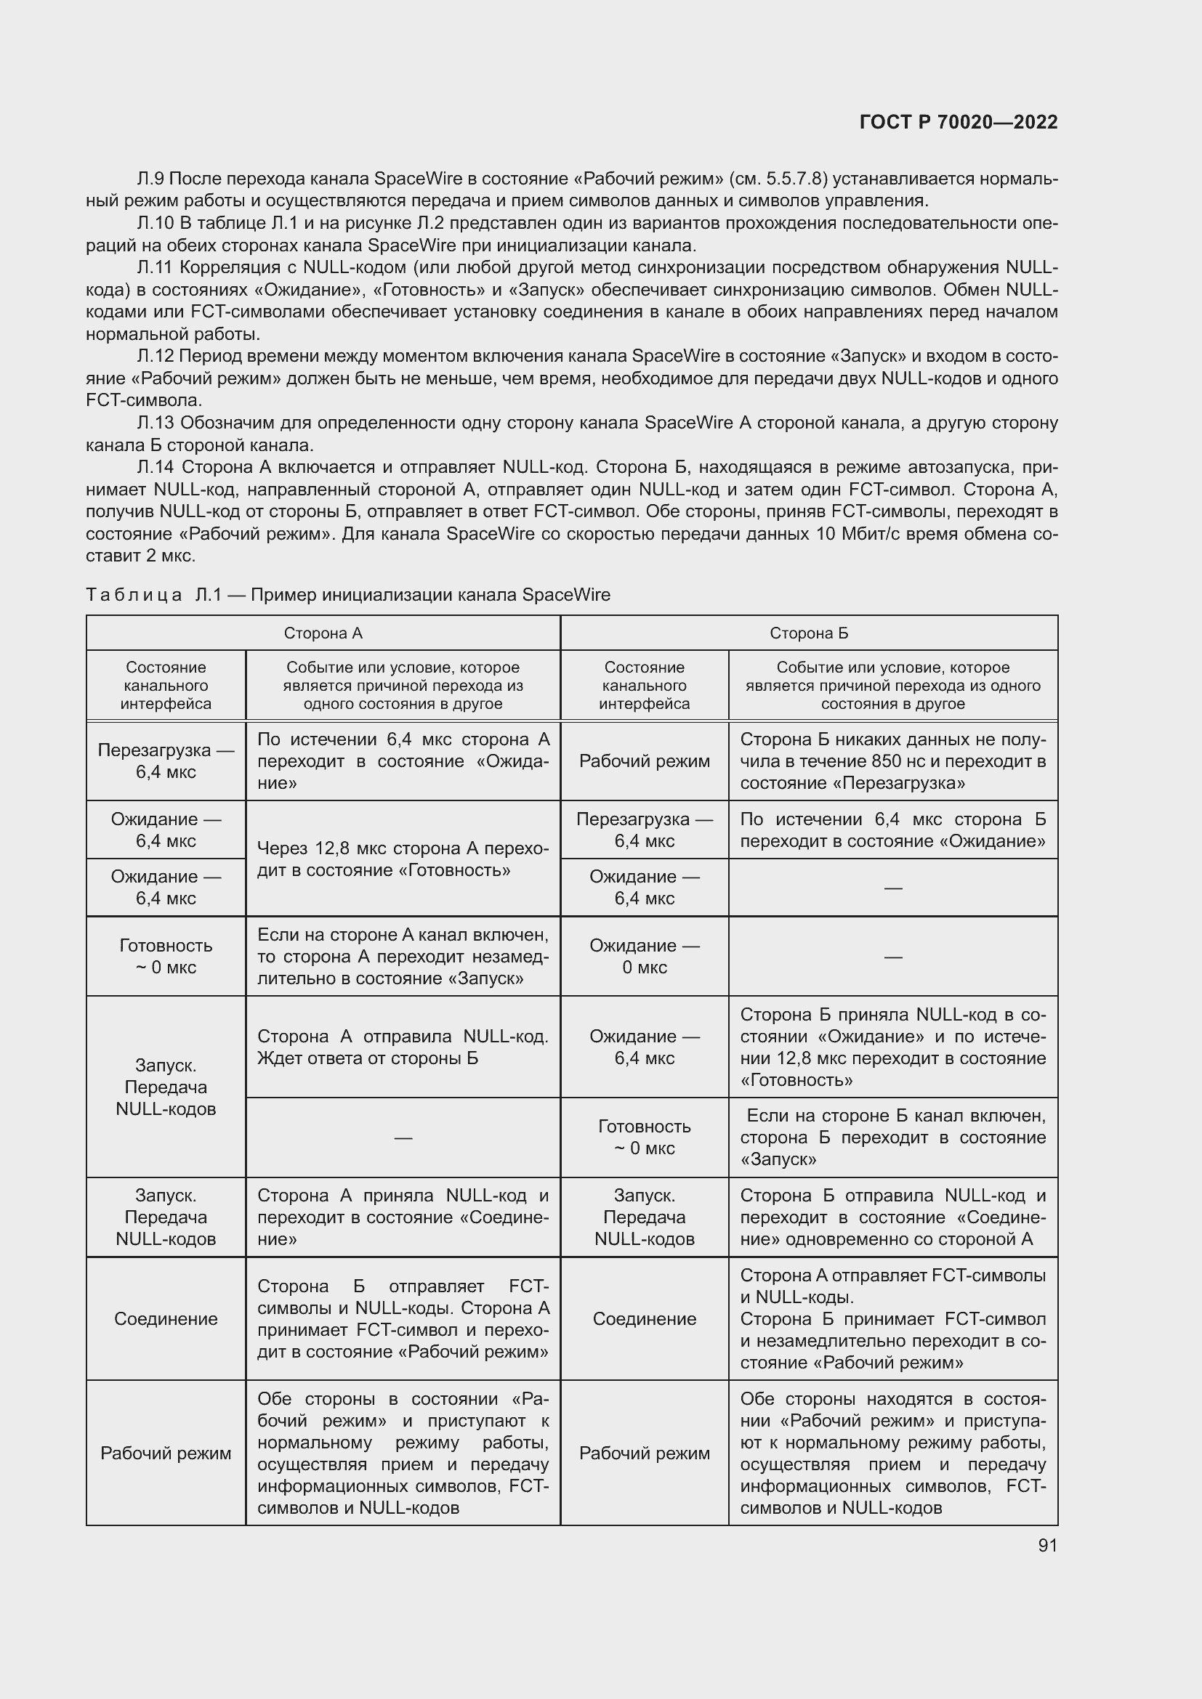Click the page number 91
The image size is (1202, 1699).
click(x=1047, y=1545)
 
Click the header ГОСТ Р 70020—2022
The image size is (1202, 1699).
click(x=959, y=122)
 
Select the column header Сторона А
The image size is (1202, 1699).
click(x=323, y=633)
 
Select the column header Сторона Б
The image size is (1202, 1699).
click(x=808, y=633)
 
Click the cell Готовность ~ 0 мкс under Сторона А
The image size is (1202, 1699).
click(x=166, y=956)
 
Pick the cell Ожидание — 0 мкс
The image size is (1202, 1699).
click(x=644, y=956)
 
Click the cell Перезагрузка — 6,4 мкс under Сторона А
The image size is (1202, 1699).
click(x=166, y=761)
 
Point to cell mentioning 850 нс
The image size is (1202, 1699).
click(x=892, y=761)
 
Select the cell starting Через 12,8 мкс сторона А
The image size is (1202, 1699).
click(x=403, y=859)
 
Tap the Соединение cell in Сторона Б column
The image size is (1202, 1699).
click(x=644, y=1318)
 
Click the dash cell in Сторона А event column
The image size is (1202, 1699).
click(x=403, y=1138)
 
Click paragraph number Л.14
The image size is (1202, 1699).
click(x=156, y=467)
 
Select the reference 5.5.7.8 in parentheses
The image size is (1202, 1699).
click(x=797, y=179)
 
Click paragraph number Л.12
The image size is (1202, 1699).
click(x=156, y=356)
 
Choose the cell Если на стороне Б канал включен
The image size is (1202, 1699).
click(x=892, y=1137)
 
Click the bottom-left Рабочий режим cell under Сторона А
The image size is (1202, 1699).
click(x=166, y=1453)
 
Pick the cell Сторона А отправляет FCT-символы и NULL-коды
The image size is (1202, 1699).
click(x=892, y=1318)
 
